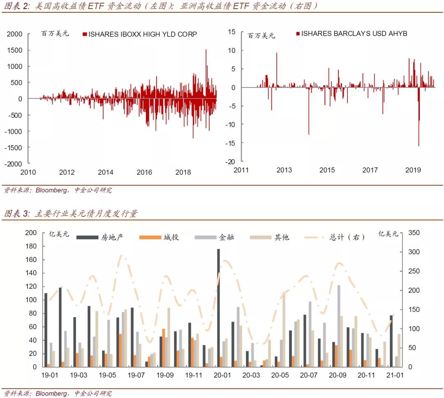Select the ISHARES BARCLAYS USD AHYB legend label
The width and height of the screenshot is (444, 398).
[354, 33]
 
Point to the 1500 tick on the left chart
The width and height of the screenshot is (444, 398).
[14, 50]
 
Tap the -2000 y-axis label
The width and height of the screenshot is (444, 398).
[14, 163]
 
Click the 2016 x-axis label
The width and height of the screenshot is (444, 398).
[144, 172]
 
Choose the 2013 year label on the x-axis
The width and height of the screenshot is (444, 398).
[284, 170]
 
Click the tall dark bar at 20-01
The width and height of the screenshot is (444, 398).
[218, 308]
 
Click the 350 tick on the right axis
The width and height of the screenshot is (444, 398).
[414, 233]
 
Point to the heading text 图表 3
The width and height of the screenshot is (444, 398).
[17, 214]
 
